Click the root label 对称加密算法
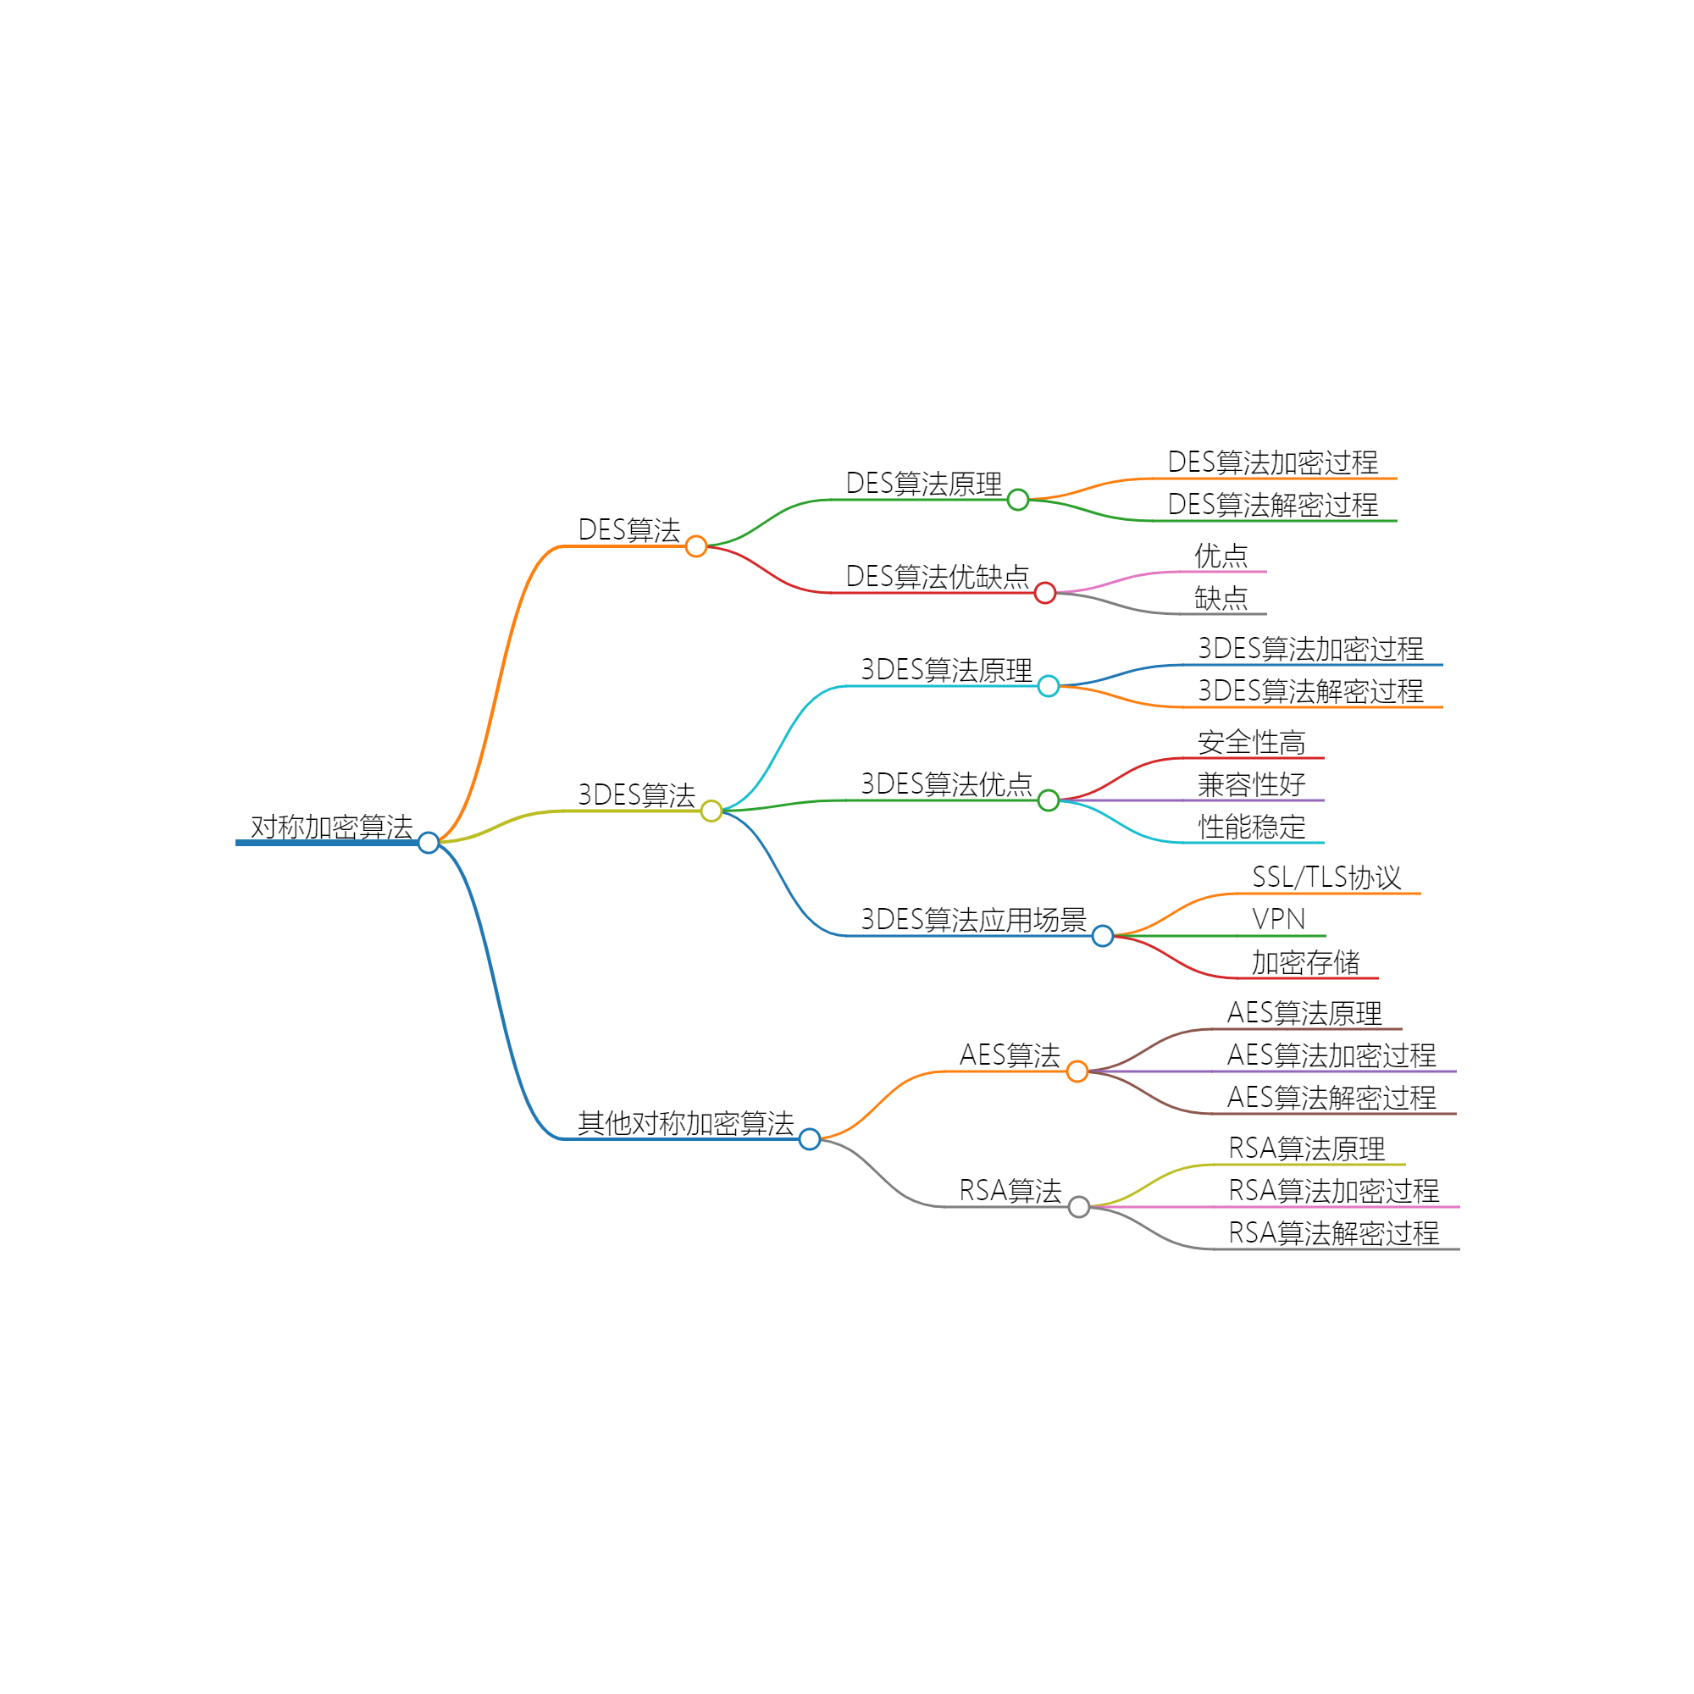[x=331, y=826]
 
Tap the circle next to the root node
[x=429, y=843]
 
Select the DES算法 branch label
[x=628, y=529]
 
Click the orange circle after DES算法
[x=696, y=546]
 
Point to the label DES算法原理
[x=923, y=483]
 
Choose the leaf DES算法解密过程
[x=1272, y=504]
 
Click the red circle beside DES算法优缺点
[x=1045, y=594]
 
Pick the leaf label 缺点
[x=1221, y=598]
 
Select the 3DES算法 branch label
[x=637, y=794]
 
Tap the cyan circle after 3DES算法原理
[x=1049, y=687]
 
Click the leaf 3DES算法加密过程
[x=1311, y=649]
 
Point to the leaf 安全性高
[x=1251, y=742]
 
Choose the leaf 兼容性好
[x=1251, y=783]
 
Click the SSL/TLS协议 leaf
[x=1326, y=877]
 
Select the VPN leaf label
[x=1278, y=919]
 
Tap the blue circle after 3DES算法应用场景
[x=1103, y=937]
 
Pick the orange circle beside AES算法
[x=1077, y=1071]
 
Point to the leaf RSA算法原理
[x=1306, y=1148]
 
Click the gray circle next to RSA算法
[x=1079, y=1207]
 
